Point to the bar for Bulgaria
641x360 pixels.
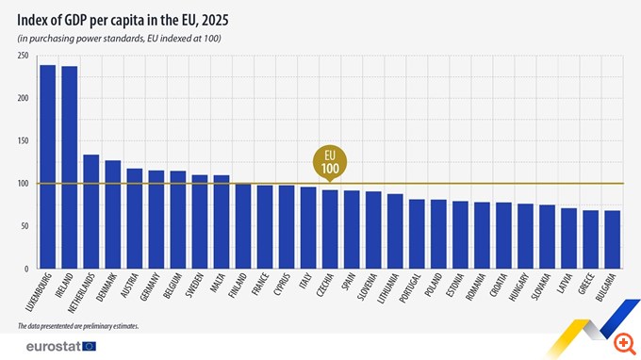click(x=612, y=239)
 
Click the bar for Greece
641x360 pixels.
click(x=590, y=239)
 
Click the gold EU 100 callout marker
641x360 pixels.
click(x=331, y=161)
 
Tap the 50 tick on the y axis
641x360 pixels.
click(x=24, y=226)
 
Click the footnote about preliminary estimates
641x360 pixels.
click(x=77, y=326)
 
